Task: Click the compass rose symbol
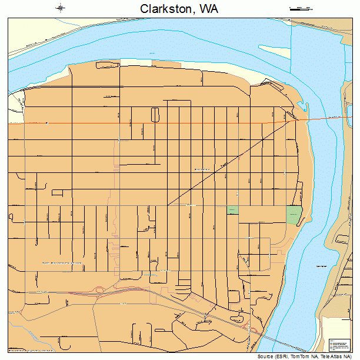click(61, 8)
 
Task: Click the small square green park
click(233, 210)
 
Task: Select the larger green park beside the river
click(294, 214)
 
